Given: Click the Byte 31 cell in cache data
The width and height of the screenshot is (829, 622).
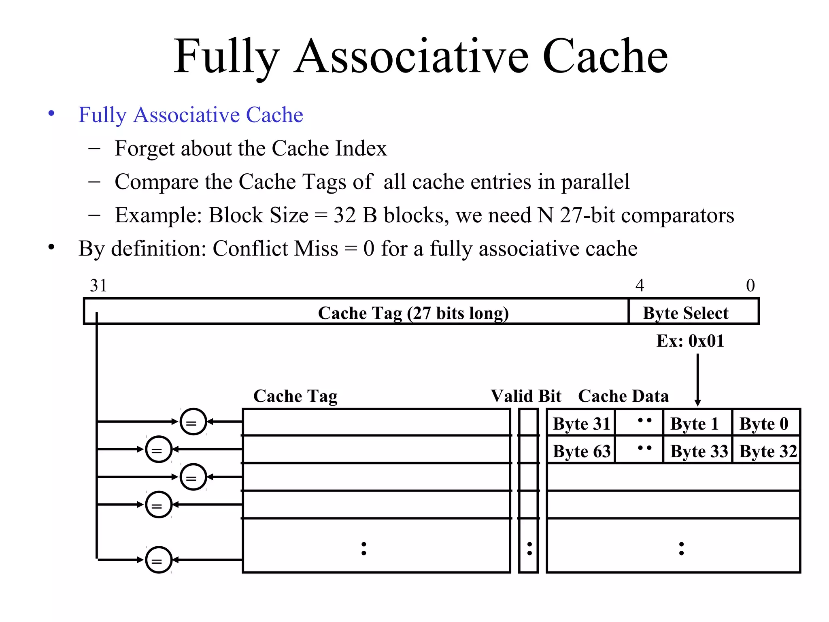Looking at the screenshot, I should click(581, 424).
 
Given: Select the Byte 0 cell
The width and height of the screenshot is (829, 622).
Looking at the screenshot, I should click(765, 424).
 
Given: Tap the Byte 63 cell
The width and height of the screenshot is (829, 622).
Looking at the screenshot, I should click(581, 451).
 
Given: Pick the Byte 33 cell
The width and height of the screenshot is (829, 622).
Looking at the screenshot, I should click(698, 451).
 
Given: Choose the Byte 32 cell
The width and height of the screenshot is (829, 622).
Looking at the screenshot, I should click(767, 451).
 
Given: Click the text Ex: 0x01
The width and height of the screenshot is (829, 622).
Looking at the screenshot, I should click(690, 341).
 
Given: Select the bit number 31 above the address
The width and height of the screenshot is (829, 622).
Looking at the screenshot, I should click(98, 285).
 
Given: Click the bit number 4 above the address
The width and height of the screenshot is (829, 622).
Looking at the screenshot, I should click(640, 285).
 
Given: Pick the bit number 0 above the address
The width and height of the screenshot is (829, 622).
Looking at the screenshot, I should click(750, 285).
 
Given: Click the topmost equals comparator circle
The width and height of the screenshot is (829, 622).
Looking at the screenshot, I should click(193, 422).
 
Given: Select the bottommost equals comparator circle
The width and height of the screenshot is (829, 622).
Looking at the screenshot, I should click(159, 560).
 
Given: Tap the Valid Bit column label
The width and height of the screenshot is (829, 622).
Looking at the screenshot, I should click(526, 396).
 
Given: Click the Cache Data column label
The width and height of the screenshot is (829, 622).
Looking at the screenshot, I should click(623, 396).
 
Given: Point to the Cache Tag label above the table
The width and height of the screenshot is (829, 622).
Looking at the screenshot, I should click(295, 396).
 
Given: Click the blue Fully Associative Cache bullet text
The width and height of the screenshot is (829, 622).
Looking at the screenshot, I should click(191, 115).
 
